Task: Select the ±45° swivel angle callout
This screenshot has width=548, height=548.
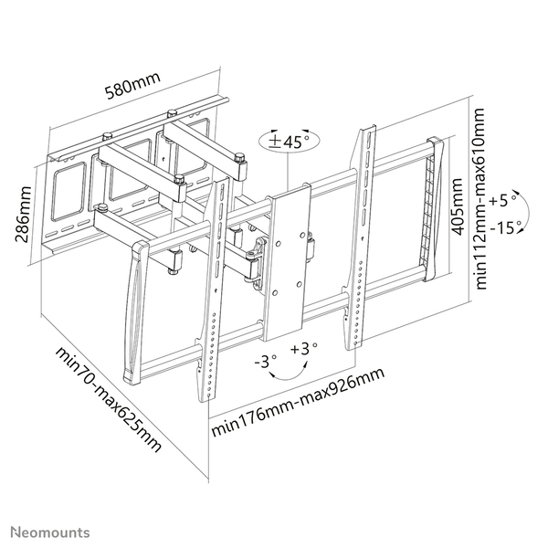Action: click(x=289, y=142)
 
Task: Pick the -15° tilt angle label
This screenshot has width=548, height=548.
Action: click(x=504, y=227)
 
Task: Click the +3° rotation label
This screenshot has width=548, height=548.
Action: click(x=303, y=349)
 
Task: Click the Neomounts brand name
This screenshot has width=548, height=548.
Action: click(x=50, y=530)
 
